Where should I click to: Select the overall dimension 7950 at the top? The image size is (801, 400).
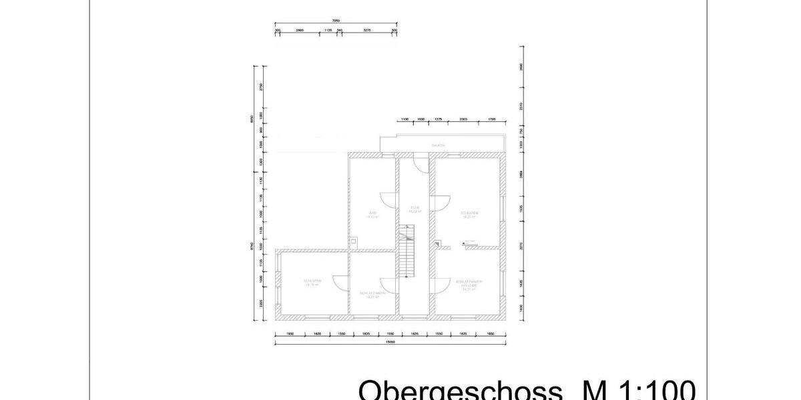(336, 21)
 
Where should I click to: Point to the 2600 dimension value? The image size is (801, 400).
(300, 30)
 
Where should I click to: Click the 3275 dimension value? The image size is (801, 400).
(367, 30)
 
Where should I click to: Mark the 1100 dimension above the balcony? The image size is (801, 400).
(405, 119)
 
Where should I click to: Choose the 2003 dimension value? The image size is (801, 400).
(463, 119)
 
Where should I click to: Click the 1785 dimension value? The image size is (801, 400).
(492, 119)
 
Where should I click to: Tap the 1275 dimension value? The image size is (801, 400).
(438, 119)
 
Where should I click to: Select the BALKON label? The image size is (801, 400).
(438, 145)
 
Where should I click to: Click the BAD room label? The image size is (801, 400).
(373, 213)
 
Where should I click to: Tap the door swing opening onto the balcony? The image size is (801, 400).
(420, 164)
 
